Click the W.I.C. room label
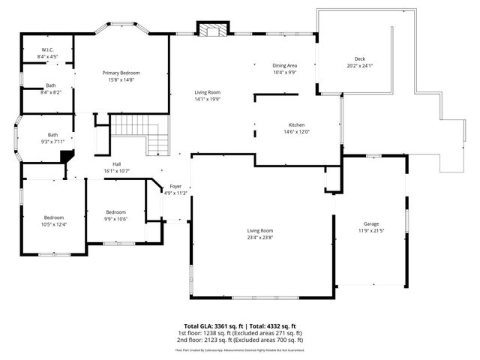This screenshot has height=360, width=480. (x=46, y=49)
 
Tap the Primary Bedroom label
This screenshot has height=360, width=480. (x=121, y=73)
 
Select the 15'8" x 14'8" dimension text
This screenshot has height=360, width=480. (x=121, y=79)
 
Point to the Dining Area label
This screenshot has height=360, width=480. (x=284, y=66)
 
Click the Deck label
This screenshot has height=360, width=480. (x=360, y=59)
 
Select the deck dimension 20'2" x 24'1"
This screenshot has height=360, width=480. (x=360, y=66)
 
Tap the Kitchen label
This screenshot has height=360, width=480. (x=296, y=124)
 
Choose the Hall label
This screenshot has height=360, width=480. (x=117, y=164)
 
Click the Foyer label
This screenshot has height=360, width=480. (x=175, y=186)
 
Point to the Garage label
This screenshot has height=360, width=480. (x=370, y=223)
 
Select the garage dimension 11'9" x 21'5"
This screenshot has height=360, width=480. (x=370, y=230)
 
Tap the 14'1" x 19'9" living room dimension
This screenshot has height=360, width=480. (x=208, y=98)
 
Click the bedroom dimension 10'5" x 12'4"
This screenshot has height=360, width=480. (x=53, y=224)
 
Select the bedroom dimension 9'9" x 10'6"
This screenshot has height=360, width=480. (x=115, y=219)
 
